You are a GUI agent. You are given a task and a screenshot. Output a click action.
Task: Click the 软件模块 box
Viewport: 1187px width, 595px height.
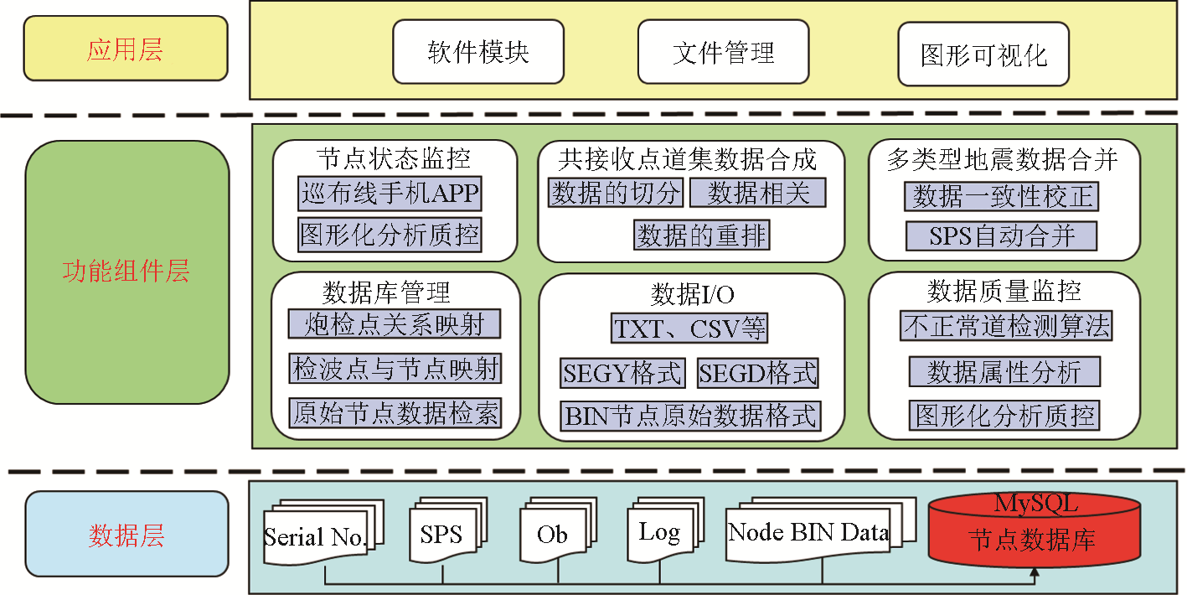coord(478,53)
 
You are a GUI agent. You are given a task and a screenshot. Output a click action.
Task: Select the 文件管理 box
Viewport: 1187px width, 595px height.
coord(723,53)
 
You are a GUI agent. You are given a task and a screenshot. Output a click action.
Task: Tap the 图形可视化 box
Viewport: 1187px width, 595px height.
coord(983,55)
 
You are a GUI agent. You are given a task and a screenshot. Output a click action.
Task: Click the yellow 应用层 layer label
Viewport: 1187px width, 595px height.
coord(126,50)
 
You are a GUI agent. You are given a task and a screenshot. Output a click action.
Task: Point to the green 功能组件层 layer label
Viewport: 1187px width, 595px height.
coord(126,272)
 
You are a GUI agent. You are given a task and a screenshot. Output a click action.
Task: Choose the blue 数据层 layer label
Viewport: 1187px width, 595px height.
coord(126,534)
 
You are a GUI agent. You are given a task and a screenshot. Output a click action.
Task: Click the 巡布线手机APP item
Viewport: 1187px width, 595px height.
coord(390,194)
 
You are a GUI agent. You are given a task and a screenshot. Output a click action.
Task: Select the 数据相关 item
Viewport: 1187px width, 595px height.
coord(757,194)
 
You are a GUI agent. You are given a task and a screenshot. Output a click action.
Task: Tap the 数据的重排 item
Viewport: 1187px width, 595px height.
coord(701,235)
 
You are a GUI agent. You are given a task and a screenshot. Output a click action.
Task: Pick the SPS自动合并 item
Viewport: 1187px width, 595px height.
coord(1001,235)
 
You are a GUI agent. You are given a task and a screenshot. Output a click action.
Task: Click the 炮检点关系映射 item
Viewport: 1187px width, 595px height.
coord(395,324)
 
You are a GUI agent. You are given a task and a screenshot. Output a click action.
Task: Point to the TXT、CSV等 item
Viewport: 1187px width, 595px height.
coord(689,329)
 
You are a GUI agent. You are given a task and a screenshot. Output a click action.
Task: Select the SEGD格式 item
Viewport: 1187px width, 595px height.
coord(757,373)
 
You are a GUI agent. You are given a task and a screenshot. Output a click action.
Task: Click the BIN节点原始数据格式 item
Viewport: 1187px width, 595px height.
coord(691,416)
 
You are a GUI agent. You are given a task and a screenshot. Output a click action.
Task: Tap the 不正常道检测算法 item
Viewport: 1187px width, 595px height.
coord(1006,325)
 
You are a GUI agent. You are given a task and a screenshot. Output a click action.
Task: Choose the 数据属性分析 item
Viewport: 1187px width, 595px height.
coord(1004,371)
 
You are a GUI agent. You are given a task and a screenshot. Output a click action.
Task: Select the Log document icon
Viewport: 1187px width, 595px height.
coord(658,533)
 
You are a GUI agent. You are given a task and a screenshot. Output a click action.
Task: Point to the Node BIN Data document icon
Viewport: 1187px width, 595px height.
coord(808,533)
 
